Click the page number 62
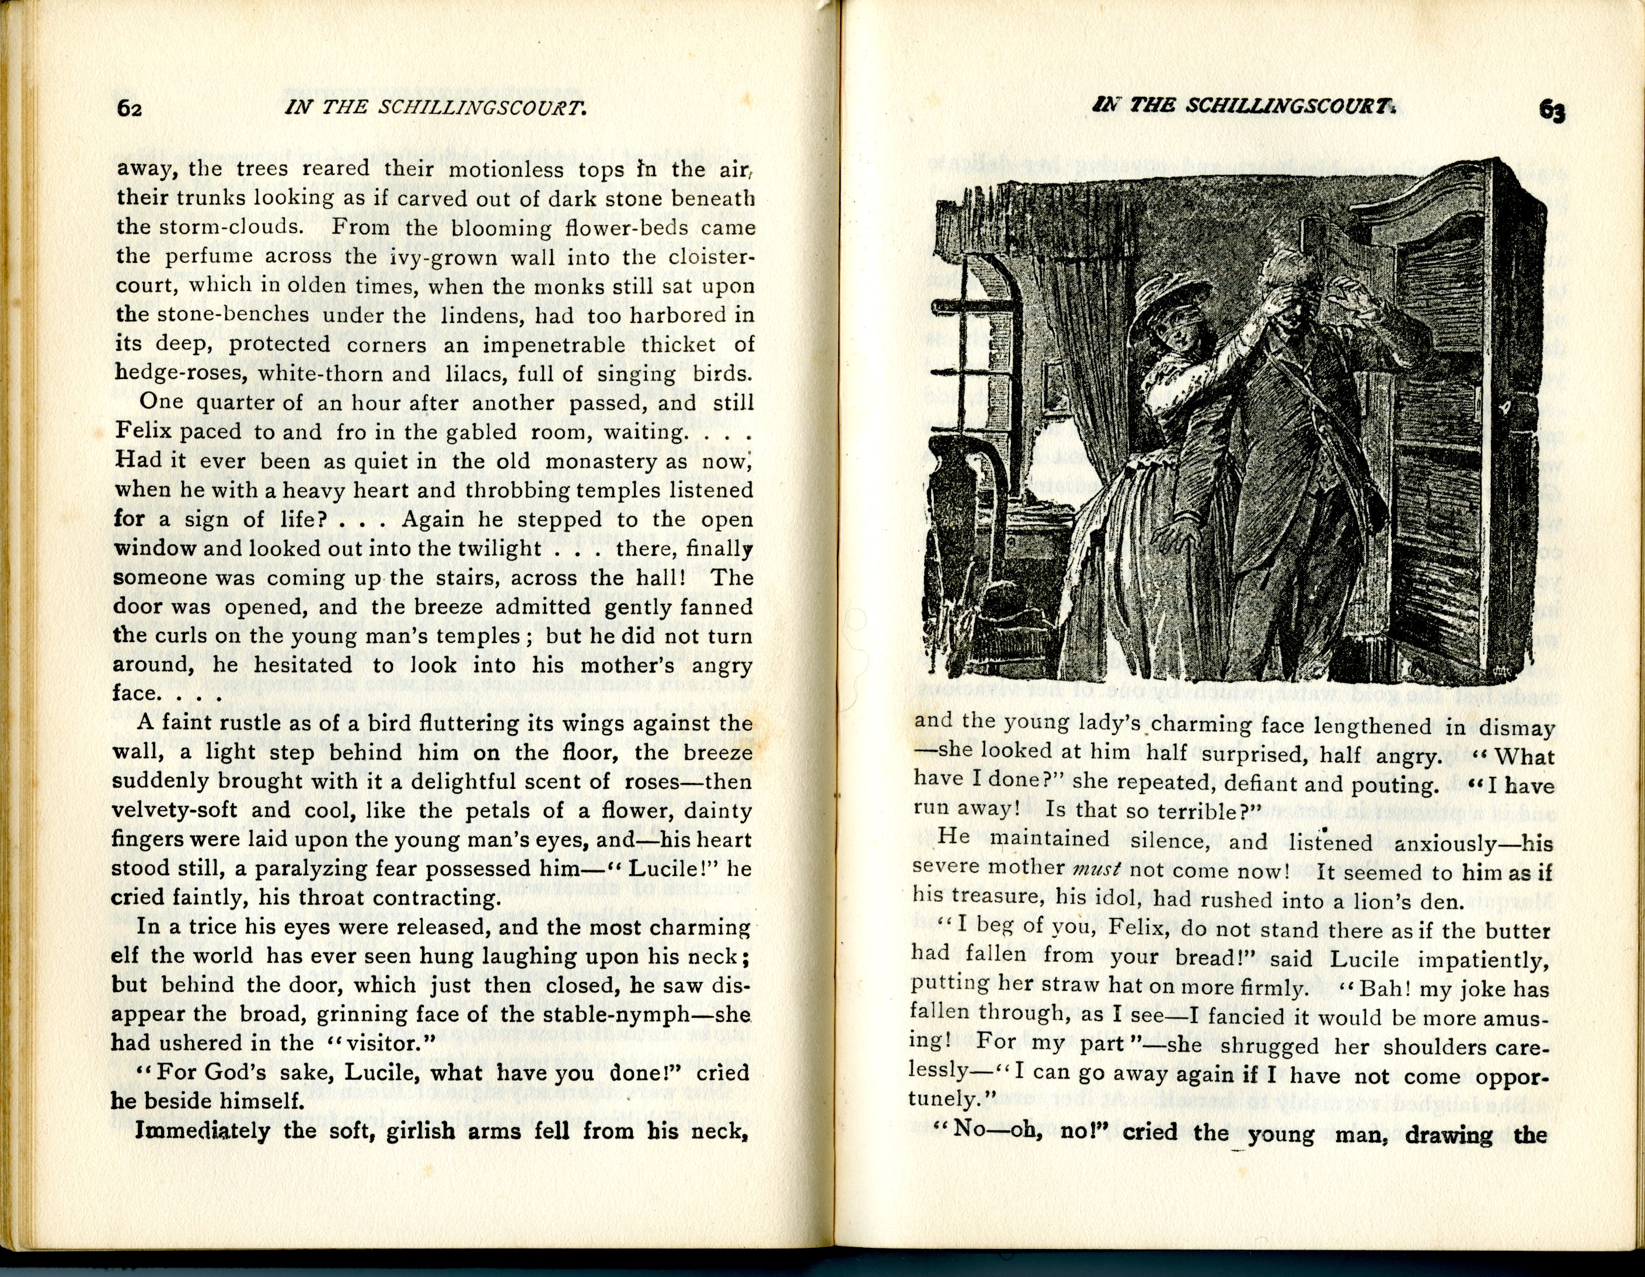click(x=130, y=109)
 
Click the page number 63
click(x=1552, y=112)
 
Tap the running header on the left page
click(x=435, y=108)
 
